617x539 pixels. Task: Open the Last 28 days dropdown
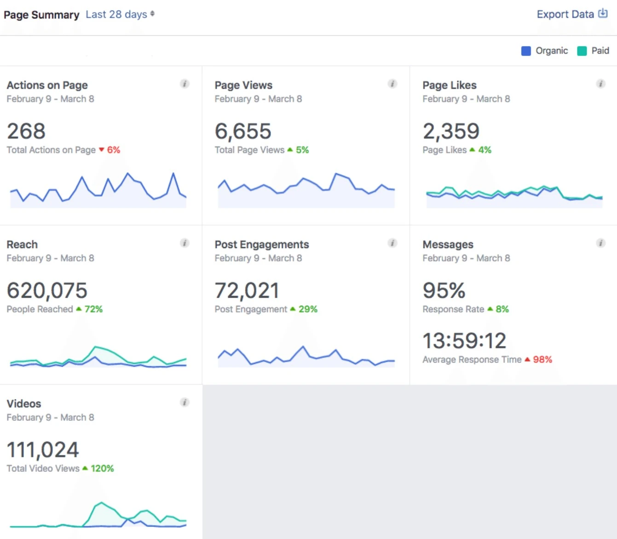pyautogui.click(x=120, y=14)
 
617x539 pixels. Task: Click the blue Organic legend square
pyautogui.click(x=526, y=51)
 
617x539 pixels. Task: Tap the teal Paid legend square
pyautogui.click(x=582, y=51)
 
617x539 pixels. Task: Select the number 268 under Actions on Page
pyautogui.click(x=26, y=131)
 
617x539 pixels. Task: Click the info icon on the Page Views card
pyautogui.click(x=392, y=84)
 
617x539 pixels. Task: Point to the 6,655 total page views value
pyautogui.click(x=243, y=131)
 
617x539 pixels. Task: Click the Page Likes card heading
pyautogui.click(x=449, y=85)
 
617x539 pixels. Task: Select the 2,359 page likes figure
pyautogui.click(x=451, y=131)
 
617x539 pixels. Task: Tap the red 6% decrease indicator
pyautogui.click(x=113, y=150)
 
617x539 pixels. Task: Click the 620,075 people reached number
pyautogui.click(x=47, y=290)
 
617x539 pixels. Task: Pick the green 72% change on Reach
pyautogui.click(x=93, y=309)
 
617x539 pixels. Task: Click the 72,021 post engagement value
pyautogui.click(x=247, y=290)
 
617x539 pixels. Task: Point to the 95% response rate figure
pyautogui.click(x=444, y=290)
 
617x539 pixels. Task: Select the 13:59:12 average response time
pyautogui.click(x=464, y=341)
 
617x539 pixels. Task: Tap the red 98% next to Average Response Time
pyautogui.click(x=542, y=359)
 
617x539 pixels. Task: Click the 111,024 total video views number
pyautogui.click(x=43, y=450)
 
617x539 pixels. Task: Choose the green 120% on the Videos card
pyautogui.click(x=102, y=468)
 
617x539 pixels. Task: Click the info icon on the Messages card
pyautogui.click(x=600, y=243)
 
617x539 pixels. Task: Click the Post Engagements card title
pyautogui.click(x=261, y=244)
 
